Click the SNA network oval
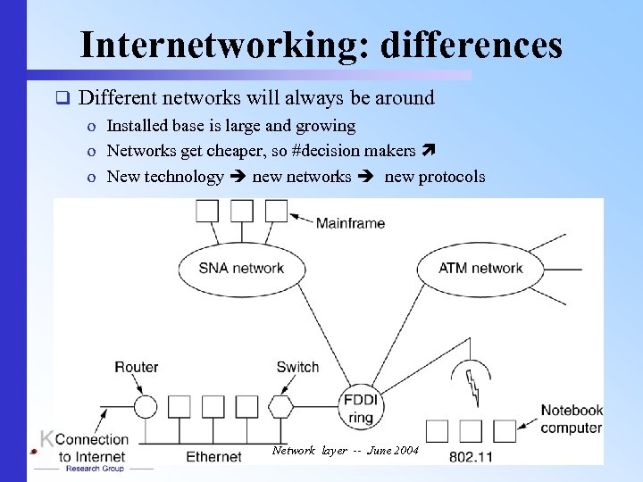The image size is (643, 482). click(x=240, y=268)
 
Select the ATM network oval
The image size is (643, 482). click(x=480, y=268)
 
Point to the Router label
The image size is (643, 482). click(x=137, y=367)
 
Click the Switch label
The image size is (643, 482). click(x=297, y=367)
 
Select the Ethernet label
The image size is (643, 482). click(x=213, y=457)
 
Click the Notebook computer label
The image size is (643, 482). click(x=572, y=419)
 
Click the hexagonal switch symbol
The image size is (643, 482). click(x=280, y=407)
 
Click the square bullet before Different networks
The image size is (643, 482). click(x=62, y=97)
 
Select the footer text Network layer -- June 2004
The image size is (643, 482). click(x=344, y=451)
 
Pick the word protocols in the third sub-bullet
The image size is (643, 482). click(x=452, y=176)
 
